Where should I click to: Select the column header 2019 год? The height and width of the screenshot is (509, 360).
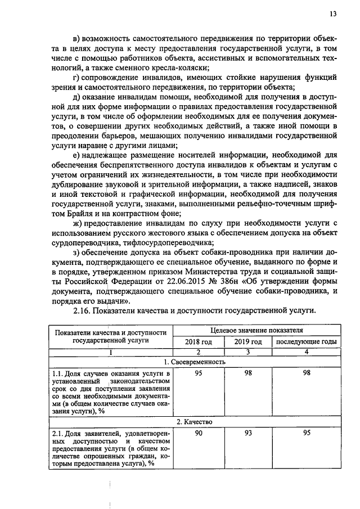click(248, 342)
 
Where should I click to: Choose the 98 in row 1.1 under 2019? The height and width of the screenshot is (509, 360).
click(248, 373)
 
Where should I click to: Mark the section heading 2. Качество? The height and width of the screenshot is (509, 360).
click(194, 421)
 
